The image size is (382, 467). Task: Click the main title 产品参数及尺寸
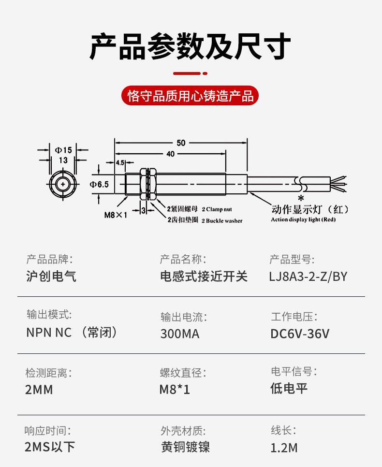coord(191,47)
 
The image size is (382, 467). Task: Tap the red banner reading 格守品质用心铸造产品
coord(191,96)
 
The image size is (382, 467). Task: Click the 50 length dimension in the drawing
coord(181,143)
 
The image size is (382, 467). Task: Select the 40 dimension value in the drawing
coord(170,154)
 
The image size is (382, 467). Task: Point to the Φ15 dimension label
coord(63,150)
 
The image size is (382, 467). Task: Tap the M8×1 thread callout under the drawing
coord(115,215)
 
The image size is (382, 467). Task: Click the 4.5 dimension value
coord(120,162)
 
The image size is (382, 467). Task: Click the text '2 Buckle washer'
coord(221,220)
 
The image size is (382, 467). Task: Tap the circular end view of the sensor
coord(63,184)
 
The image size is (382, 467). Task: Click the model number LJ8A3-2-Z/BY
coord(308,277)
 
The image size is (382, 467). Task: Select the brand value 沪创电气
coord(51,277)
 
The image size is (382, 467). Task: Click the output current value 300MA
coord(179,334)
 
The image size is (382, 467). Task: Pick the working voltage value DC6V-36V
coord(300,334)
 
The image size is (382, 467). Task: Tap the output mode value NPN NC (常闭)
coord(72,334)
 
